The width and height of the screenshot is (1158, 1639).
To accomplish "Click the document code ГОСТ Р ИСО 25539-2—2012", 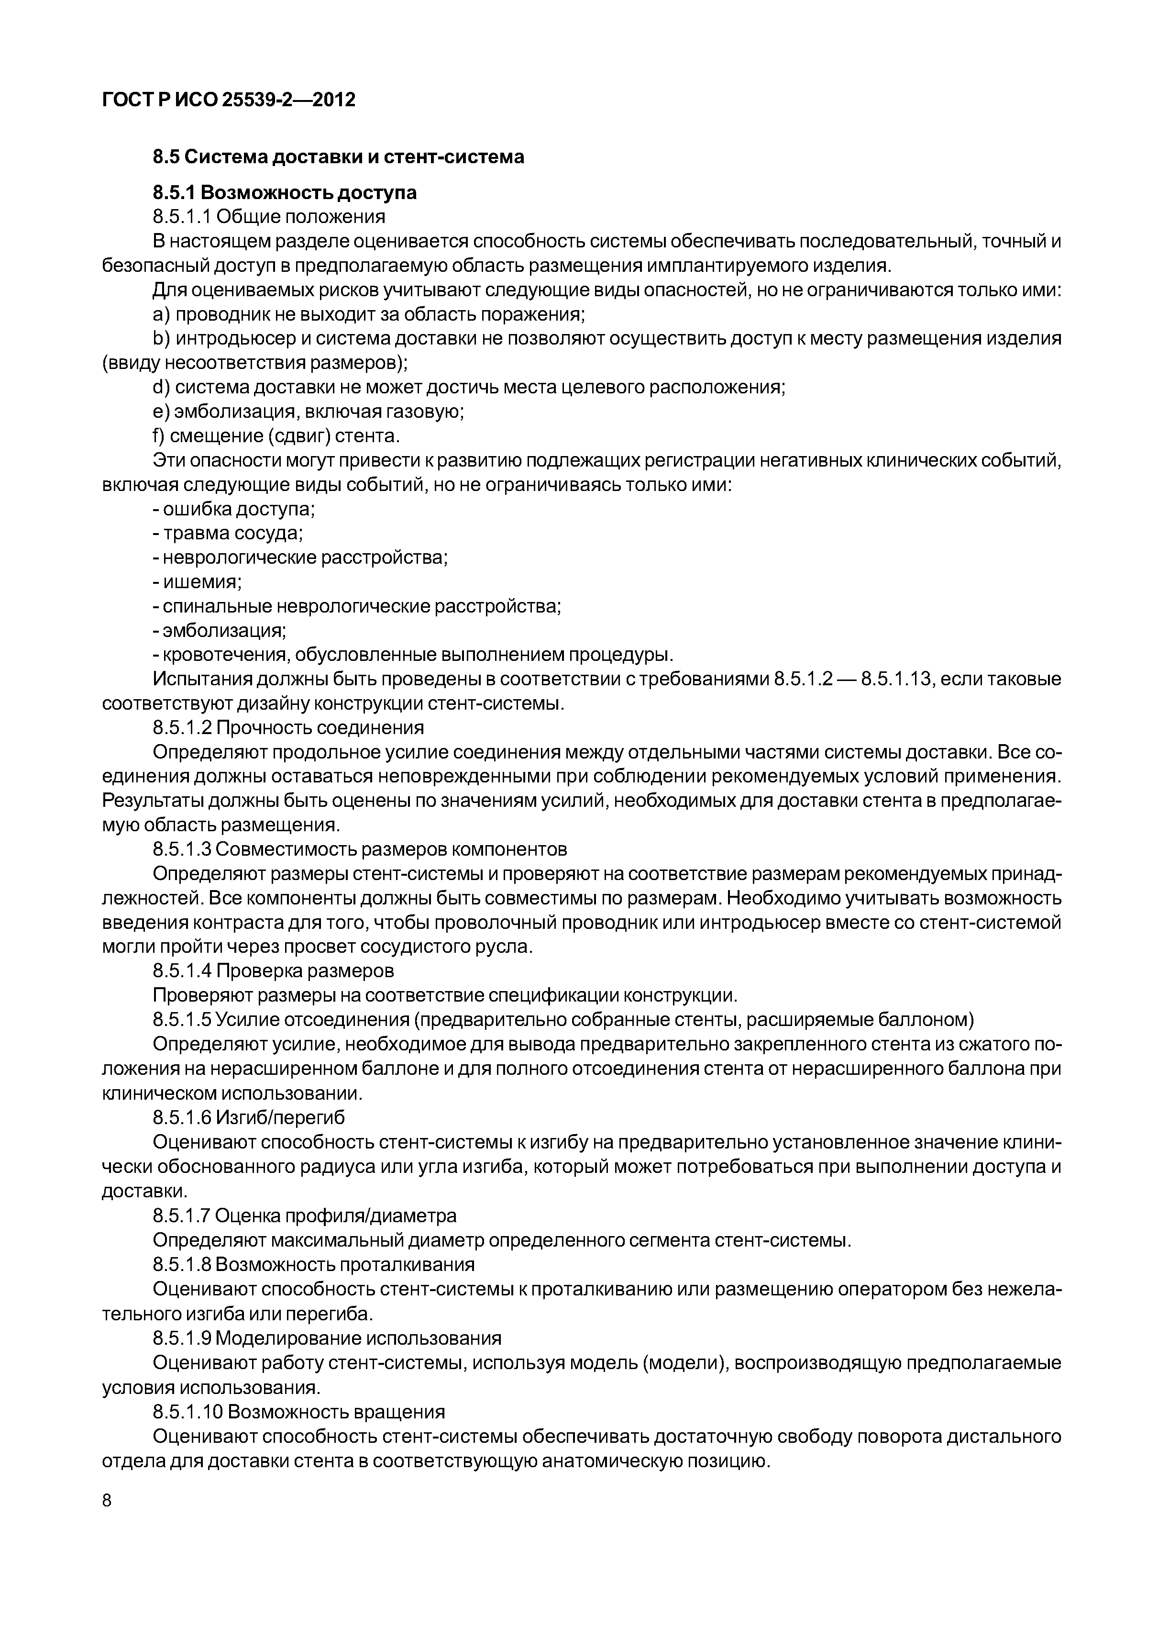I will tap(228, 100).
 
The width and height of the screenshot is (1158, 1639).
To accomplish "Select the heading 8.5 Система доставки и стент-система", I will tap(338, 156).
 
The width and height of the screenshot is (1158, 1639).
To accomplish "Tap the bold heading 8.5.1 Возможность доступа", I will tap(285, 193).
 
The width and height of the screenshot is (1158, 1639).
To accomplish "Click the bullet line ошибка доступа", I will tap(234, 509).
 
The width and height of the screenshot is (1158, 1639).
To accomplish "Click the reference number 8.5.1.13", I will tap(896, 679).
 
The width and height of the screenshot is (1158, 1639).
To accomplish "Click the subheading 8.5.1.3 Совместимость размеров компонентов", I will tap(360, 849).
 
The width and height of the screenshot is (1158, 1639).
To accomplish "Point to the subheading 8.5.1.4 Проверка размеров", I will tap(273, 971).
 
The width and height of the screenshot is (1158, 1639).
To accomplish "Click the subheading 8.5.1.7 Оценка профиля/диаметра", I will tap(305, 1215).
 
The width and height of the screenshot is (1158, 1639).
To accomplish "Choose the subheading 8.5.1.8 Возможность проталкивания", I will tap(313, 1264).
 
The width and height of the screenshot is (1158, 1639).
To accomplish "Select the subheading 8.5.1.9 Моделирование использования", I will tap(327, 1337).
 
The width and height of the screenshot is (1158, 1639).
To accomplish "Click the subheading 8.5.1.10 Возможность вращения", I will tap(298, 1411).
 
